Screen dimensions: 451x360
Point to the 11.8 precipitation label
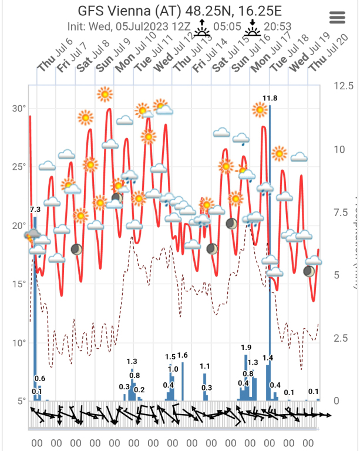(270, 98)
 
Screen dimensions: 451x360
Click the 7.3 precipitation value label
(35, 209)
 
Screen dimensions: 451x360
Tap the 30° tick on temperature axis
(19, 109)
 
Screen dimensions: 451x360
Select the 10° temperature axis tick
(19, 342)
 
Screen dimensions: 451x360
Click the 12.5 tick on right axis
(342, 86)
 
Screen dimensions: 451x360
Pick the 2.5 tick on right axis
(342, 338)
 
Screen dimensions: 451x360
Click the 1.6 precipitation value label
(182, 355)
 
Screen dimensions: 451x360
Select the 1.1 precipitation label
(205, 366)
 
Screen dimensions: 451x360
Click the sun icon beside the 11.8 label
(260, 109)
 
